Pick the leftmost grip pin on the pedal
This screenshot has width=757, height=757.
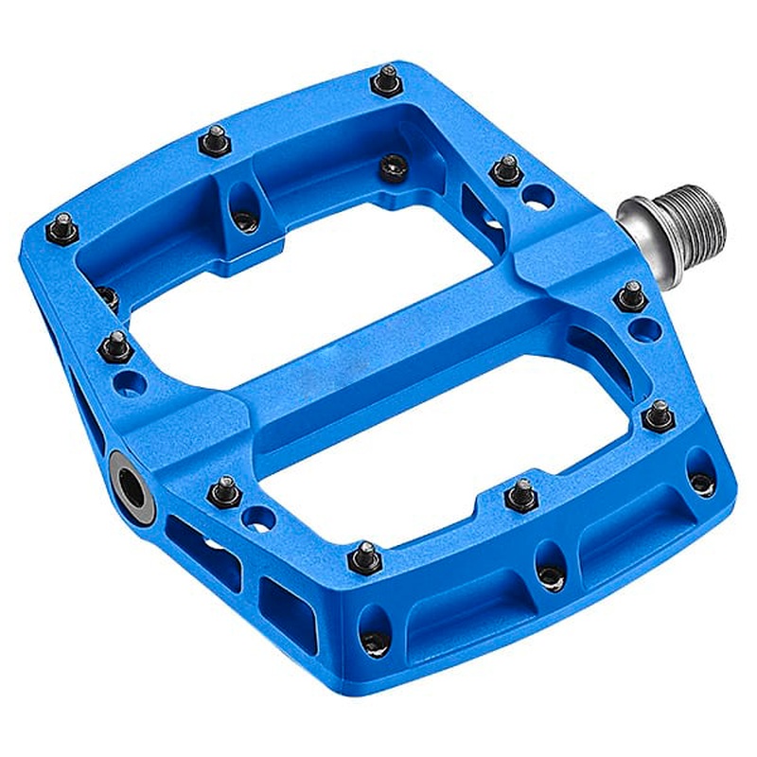click(62, 227)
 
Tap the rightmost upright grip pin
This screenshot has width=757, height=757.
click(659, 414)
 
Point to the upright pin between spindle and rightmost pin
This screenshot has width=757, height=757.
click(631, 296)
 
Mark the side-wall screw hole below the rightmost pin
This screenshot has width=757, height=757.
click(701, 482)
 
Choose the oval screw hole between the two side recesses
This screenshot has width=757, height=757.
click(549, 572)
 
